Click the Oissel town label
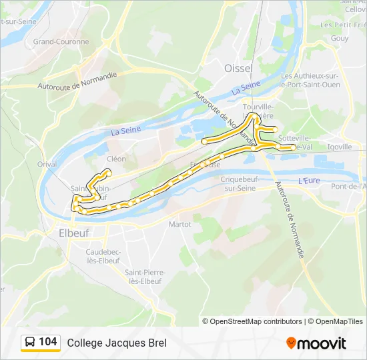coord(238,69)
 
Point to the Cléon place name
coord(116,159)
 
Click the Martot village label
coord(180,224)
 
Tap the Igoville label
coord(340,147)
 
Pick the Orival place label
coord(47,163)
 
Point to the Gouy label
coord(340,39)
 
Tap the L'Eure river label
coord(309,181)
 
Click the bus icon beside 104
coord(30,342)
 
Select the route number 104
coord(48,342)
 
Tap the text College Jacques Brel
coord(117,343)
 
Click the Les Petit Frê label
coord(344,25)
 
